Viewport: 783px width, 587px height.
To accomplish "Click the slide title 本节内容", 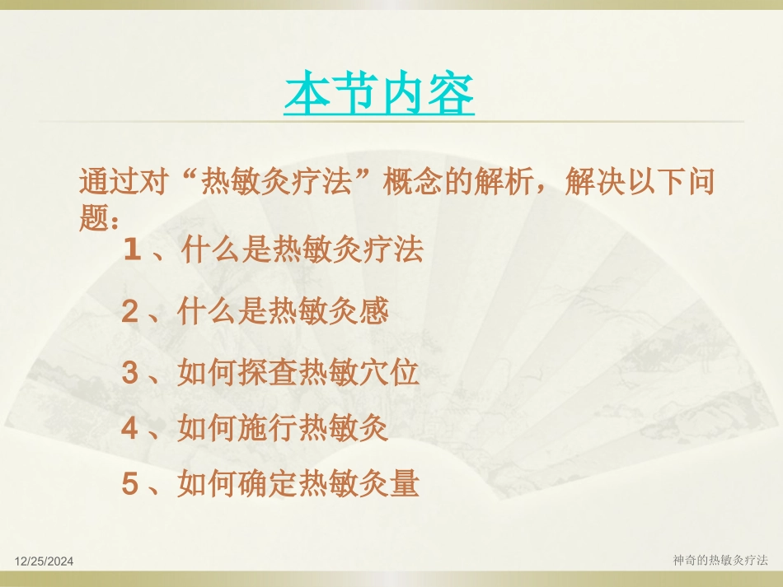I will click(379, 95).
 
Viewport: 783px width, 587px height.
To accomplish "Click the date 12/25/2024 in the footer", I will click(45, 561).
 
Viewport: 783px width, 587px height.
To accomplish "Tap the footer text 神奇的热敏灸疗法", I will click(720, 560).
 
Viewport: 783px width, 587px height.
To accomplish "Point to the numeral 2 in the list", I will click(129, 312).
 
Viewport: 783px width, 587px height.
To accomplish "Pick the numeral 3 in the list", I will click(129, 374).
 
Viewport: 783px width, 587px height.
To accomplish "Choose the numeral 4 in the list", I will click(129, 429).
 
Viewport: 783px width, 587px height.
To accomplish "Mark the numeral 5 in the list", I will click(129, 484).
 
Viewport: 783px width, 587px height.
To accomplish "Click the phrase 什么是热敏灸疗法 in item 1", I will click(302, 250).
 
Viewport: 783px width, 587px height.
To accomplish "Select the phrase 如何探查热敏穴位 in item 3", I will click(298, 374).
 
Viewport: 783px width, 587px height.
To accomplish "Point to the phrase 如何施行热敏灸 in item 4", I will click(283, 429).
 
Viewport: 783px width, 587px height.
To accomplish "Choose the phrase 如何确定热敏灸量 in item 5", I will click(298, 484).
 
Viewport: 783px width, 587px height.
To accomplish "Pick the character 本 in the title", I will click(307, 95).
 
